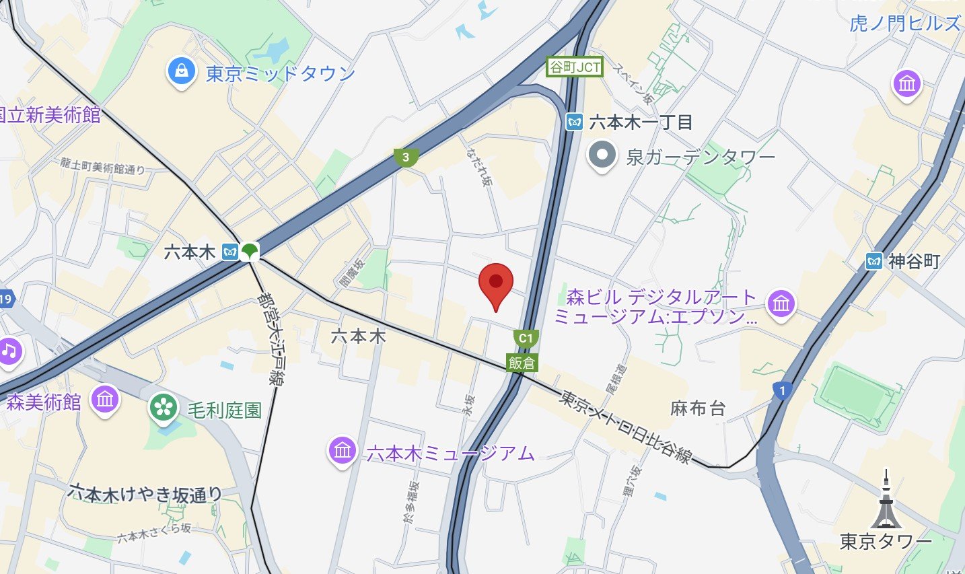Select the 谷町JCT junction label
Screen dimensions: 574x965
575,67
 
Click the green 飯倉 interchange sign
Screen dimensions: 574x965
522,363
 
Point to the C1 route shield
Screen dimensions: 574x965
526,338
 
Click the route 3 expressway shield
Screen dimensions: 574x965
406,157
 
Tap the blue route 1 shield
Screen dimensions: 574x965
782,390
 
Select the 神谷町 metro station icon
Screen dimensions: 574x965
874,261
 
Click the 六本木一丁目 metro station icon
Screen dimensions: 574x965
574,122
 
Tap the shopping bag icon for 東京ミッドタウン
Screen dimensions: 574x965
181,72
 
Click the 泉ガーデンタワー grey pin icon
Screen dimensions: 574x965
602,155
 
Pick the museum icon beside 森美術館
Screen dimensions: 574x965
105,400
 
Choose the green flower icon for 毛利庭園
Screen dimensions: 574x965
164,408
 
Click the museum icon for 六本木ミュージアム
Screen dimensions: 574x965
343,450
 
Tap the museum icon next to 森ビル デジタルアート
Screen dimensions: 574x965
781,304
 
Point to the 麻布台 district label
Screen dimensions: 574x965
698,408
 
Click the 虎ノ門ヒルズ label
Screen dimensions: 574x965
904,24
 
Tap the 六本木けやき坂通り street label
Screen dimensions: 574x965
145,494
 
